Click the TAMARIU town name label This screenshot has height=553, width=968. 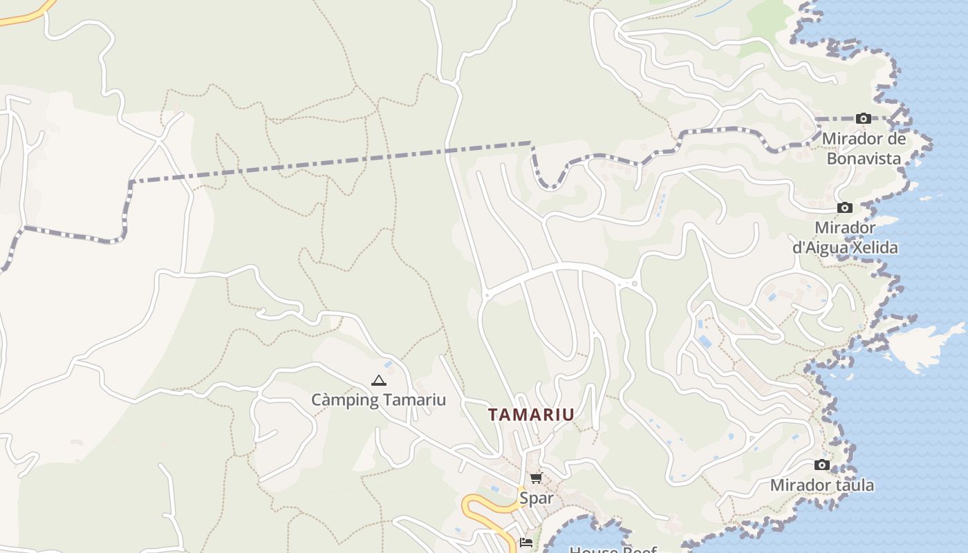(531, 415)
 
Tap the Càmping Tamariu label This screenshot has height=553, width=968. (378, 400)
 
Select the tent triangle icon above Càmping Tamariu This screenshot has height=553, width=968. (378, 380)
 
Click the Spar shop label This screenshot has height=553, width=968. (537, 498)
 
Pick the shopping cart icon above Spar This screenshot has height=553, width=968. (536, 478)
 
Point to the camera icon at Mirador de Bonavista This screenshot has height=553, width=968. (863, 119)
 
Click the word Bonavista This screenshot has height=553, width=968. (864, 158)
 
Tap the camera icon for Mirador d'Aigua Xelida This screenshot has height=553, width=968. (844, 208)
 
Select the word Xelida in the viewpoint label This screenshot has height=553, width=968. (873, 247)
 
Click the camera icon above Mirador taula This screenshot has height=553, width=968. (822, 465)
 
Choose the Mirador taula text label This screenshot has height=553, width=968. (822, 485)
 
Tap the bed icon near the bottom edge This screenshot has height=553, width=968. (526, 543)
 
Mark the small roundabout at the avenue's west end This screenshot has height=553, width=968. (486, 295)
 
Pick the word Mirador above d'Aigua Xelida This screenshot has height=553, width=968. (845, 227)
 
